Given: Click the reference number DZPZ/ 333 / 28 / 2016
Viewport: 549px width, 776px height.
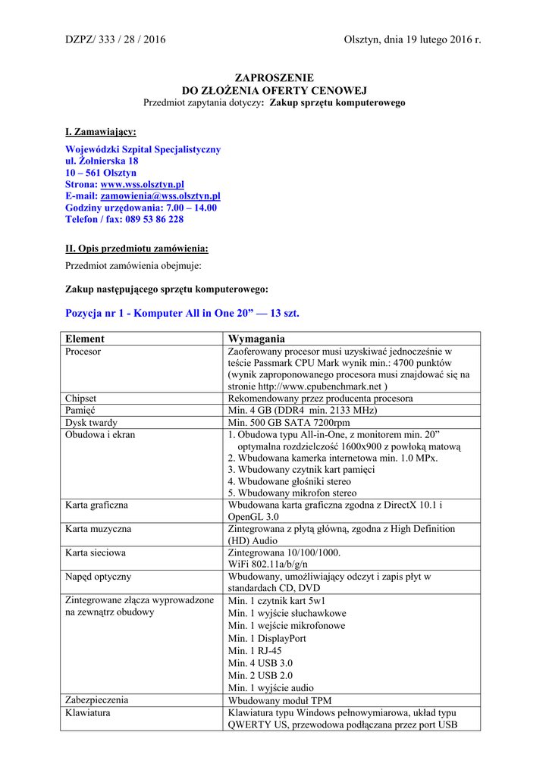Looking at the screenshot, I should pos(115,39).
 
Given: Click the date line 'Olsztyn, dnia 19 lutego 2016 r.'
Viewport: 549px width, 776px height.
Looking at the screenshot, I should pos(412,39).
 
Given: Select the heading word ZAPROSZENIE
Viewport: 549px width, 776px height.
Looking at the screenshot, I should pos(274,78).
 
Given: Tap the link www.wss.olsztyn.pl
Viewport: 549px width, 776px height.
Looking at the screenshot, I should pos(143,184).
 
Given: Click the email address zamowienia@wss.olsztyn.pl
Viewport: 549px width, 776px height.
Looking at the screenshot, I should pos(161,196).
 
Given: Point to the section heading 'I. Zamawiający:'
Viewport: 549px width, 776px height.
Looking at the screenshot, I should pos(101,132).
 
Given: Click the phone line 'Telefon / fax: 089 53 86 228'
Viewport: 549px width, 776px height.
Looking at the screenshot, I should pos(124,219).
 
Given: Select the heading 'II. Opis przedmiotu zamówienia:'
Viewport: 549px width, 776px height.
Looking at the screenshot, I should pos(136,249).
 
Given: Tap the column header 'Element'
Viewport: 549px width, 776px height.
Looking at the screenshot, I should pos(85,339).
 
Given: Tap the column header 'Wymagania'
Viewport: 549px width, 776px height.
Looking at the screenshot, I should pos(256,339).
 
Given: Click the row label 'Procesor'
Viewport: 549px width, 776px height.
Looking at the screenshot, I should pos(83,352).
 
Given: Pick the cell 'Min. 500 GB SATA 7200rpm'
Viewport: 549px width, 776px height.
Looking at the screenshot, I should pos(289,422).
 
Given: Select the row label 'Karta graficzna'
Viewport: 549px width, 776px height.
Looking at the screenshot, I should pos(96,504).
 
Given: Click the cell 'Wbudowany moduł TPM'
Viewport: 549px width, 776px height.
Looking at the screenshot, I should pos(280,700).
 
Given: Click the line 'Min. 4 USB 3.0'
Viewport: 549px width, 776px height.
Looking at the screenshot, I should pos(260,663).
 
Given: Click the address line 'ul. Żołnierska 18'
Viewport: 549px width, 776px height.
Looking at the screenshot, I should pos(102,161).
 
